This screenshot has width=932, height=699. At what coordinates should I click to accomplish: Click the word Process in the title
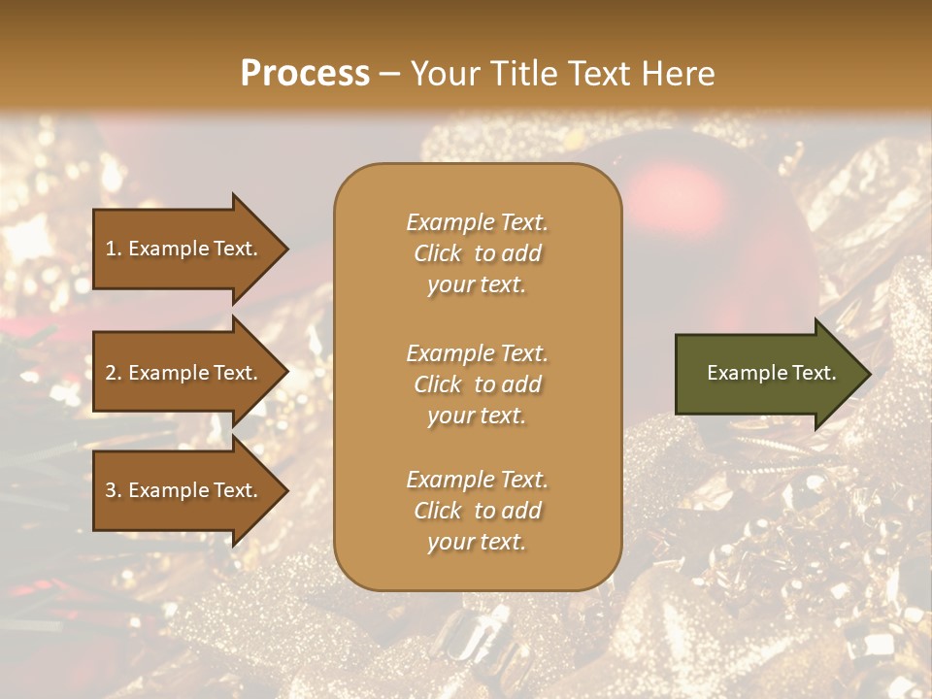(305, 74)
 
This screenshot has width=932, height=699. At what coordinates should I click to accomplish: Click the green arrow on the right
(767, 373)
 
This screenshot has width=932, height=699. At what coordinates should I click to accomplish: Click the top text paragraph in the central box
(477, 253)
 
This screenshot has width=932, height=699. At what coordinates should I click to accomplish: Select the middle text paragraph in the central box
(477, 383)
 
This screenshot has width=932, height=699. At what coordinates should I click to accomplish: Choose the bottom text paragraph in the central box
(477, 511)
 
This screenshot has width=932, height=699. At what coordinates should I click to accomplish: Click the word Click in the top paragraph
(438, 253)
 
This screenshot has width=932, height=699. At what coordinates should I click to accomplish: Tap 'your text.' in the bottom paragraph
(477, 542)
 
